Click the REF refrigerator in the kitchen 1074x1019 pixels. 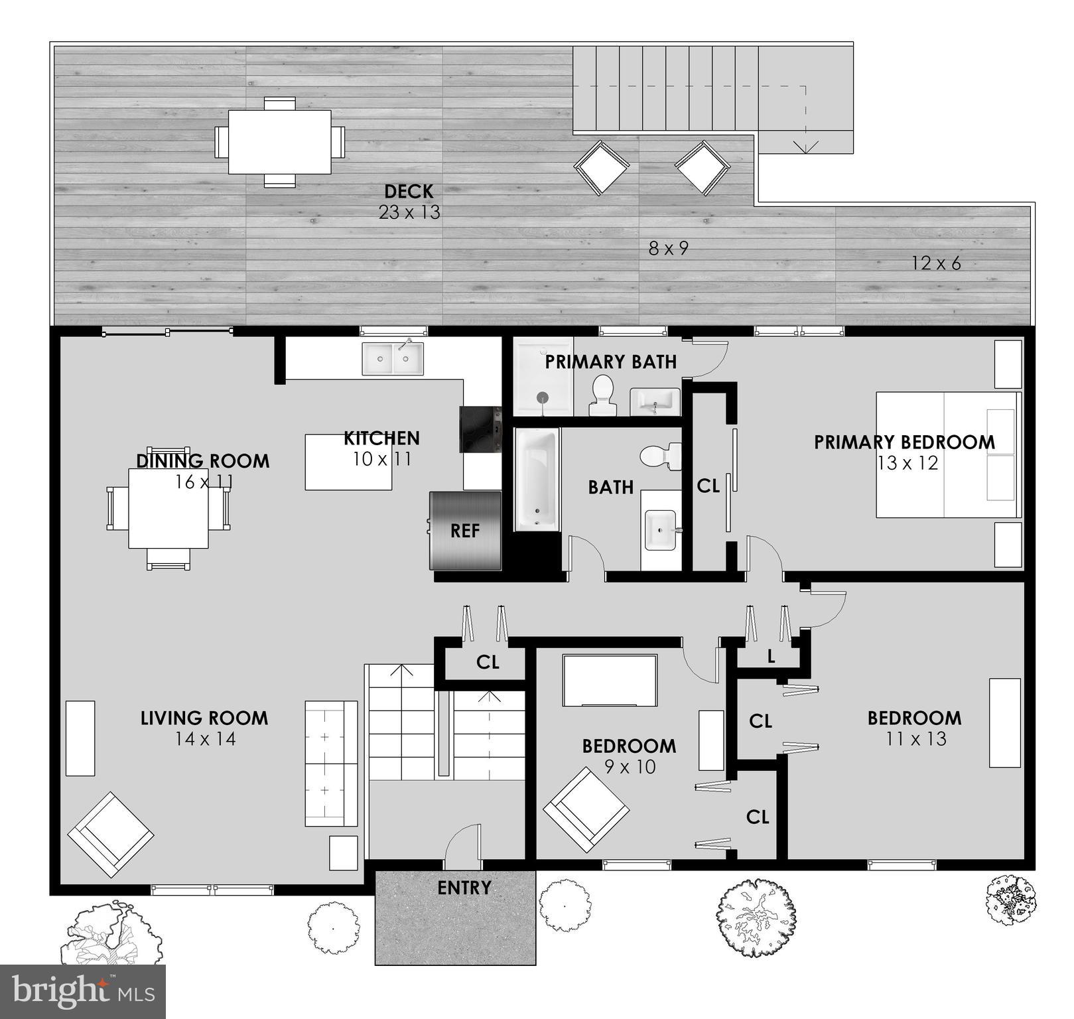(x=465, y=531)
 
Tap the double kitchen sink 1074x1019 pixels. (x=392, y=359)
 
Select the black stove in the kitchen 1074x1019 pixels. (x=481, y=429)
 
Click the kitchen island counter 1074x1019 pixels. (x=348, y=462)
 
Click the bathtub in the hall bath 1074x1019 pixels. (x=537, y=479)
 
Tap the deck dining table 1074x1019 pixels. (x=279, y=141)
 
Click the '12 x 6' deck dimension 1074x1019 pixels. (x=935, y=263)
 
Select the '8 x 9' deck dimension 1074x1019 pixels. (x=668, y=248)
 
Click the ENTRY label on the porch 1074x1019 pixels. (x=464, y=888)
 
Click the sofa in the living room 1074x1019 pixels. (x=330, y=763)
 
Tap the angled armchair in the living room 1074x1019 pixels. (x=111, y=834)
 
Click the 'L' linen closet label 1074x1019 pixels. (x=771, y=657)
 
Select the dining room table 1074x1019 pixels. (x=168, y=508)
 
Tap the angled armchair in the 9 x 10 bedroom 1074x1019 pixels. (x=586, y=809)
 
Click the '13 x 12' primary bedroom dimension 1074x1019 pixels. (x=907, y=463)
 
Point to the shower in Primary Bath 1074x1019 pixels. (x=543, y=376)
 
